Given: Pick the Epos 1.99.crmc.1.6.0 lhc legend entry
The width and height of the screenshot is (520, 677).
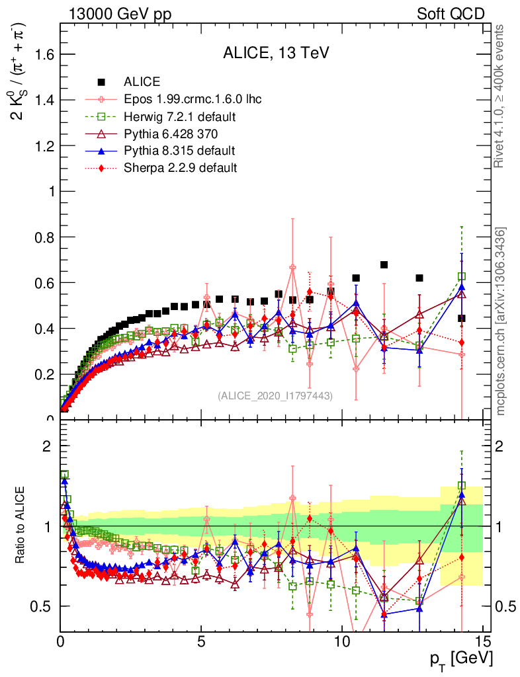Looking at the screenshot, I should [193, 100].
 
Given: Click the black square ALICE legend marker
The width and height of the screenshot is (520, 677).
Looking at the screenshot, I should [101, 83].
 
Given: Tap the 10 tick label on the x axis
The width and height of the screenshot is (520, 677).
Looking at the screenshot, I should [341, 641].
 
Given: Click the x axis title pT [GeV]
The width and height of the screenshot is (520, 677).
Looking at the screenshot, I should [460, 658].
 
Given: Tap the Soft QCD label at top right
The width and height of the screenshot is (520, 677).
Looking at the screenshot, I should [451, 14].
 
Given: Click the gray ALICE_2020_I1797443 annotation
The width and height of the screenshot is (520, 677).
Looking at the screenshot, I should [275, 395].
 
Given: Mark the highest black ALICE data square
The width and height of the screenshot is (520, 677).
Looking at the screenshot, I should [384, 265].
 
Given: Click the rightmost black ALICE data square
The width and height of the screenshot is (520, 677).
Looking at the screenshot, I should [461, 319].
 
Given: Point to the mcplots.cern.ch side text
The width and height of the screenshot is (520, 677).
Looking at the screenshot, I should [501, 322].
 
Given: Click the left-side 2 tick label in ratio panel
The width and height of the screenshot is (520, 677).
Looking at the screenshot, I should [47, 446].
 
